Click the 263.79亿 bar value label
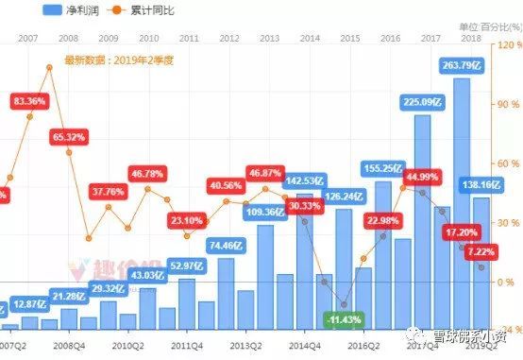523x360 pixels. pos(462,65)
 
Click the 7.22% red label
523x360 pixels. pos(481,252)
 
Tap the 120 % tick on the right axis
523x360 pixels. pos(508,44)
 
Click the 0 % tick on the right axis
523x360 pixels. pos(508,282)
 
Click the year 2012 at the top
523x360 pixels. pos(228,38)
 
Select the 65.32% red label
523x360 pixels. pos(70,137)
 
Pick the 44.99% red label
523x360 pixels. pos(423,177)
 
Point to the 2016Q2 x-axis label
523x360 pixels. pos(362,347)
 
